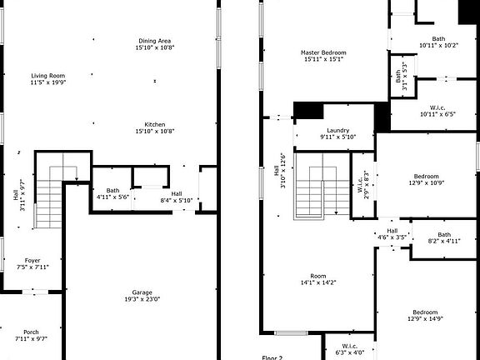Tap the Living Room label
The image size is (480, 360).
pos(47,79)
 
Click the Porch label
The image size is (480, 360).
pos(31,335)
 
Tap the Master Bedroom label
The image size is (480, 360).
pos(323,56)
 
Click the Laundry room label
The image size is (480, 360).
pos(337,133)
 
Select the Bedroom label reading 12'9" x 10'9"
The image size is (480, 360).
pos(426,179)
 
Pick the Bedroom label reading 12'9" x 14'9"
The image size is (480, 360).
pos(426,315)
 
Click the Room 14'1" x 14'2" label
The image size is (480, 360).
pos(318,279)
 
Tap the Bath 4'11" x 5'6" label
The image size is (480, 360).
pos(112,193)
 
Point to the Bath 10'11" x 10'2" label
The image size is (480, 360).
pos(438,42)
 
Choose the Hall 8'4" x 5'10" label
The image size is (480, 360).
pos(177,197)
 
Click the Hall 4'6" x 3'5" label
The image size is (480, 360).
pos(392,234)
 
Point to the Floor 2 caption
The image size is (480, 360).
pos(272,357)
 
